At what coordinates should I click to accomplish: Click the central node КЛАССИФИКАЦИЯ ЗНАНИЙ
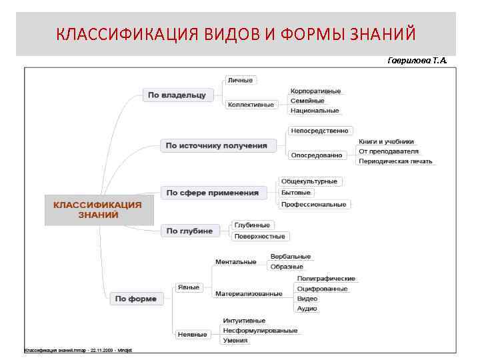98,210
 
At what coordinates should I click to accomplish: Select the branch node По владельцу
176,95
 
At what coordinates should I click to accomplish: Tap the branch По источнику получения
217,145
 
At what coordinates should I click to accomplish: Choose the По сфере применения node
212,193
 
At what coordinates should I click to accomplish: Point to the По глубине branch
189,231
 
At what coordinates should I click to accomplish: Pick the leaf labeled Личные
240,80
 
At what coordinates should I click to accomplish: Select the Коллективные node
251,105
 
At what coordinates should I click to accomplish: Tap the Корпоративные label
315,91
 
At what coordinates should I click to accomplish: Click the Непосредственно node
319,131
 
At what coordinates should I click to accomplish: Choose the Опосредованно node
316,155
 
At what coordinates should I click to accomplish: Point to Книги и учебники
386,141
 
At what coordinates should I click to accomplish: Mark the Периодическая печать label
395,161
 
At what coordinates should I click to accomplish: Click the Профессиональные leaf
313,204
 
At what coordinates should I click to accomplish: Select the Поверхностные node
259,236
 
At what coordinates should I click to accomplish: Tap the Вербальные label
290,256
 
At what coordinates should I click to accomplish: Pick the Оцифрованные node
322,289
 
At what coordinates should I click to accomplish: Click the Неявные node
192,334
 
